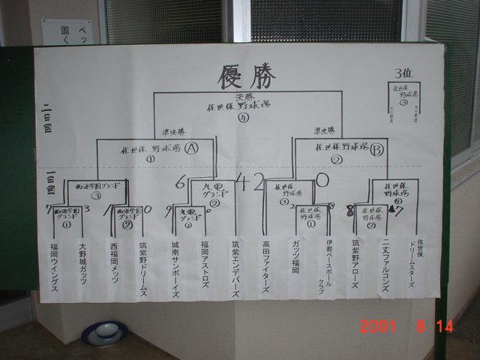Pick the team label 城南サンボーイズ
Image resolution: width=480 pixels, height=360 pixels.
point(174,269)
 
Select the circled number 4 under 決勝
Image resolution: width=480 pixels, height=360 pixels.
point(242,117)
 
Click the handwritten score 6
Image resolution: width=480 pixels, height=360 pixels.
point(180,181)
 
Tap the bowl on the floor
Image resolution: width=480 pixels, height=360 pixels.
point(103,332)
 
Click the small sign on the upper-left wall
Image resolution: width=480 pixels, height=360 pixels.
point(67,31)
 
